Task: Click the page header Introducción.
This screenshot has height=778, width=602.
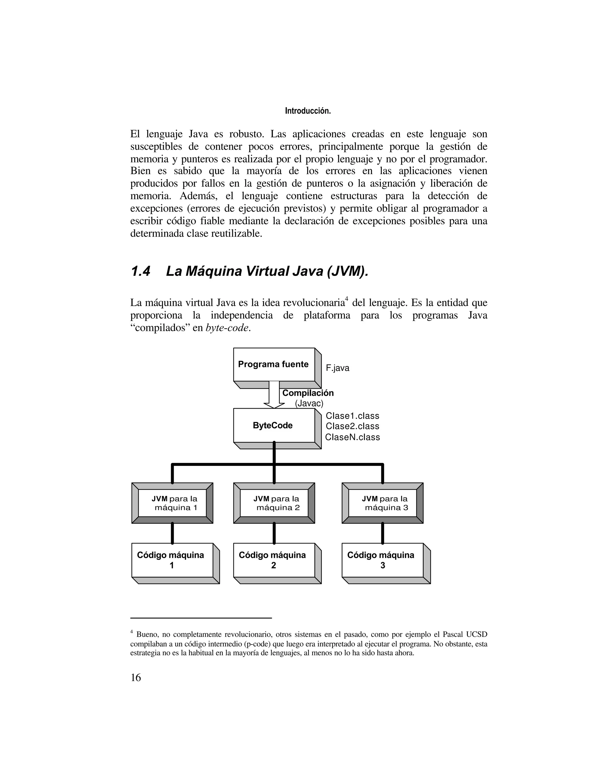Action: point(308,111)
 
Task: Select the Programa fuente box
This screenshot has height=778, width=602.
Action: point(274,364)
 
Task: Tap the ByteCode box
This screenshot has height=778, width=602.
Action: point(274,425)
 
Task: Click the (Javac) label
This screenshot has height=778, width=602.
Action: point(309,404)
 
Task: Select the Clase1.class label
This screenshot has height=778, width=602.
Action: point(352,416)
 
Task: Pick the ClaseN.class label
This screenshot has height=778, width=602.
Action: point(352,437)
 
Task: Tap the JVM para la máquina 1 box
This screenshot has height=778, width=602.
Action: point(172,503)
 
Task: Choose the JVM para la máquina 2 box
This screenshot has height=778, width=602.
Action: point(274,503)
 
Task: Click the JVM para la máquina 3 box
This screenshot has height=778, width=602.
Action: point(382,503)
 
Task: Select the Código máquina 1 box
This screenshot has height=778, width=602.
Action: point(172,560)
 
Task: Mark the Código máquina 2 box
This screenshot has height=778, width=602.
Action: point(274,560)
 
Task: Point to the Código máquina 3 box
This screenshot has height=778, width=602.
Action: point(382,560)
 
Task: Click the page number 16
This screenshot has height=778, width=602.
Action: point(136,678)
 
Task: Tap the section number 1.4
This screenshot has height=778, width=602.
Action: point(141,272)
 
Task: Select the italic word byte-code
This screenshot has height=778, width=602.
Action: point(227,328)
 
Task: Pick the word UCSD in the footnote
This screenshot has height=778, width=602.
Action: point(476,634)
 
